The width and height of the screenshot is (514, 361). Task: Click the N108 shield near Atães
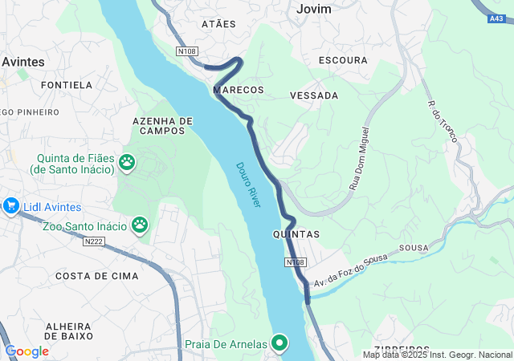[x=188, y=51]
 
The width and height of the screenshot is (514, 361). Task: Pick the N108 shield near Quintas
[x=295, y=262]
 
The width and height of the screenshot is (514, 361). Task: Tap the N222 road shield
[x=95, y=240]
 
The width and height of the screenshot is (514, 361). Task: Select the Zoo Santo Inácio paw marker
[x=141, y=224]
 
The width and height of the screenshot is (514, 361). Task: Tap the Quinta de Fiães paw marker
[x=127, y=163]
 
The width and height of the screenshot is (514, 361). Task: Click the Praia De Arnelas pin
[x=279, y=343]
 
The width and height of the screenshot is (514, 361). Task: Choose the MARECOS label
[x=239, y=89]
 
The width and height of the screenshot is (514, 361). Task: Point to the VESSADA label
[x=313, y=95]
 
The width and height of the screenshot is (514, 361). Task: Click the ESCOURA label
[x=343, y=60]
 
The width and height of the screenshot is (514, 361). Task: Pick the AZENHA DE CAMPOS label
[x=163, y=125]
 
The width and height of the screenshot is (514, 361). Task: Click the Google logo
[x=27, y=351]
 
